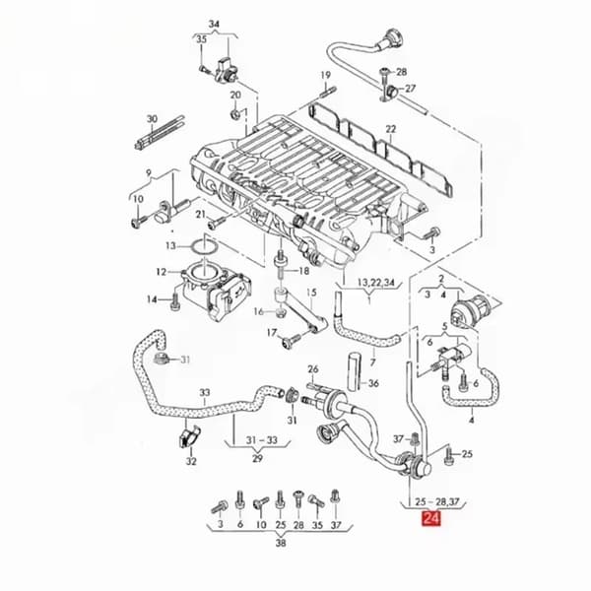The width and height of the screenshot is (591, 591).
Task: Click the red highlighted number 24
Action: pos(431,518)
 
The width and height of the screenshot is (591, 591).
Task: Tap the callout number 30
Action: pos(152,119)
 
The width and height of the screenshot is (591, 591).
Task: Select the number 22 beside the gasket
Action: pos(391,129)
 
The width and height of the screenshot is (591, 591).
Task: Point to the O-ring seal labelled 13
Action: pos(204,247)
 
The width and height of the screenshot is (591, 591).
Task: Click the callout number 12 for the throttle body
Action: pos(162,272)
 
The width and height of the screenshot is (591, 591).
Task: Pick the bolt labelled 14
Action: pos(175,301)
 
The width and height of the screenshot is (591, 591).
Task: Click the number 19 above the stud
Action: pos(326,75)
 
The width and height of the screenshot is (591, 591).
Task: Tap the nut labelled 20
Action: pos(235,113)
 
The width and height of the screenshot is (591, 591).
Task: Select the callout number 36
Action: pos(373,384)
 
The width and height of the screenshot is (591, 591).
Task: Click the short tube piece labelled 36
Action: pos(354,371)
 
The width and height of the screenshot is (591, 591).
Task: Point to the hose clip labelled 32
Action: pos(188,436)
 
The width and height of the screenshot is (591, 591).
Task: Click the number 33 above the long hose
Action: pos(205,393)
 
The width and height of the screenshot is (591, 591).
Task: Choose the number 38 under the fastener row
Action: pos(281,543)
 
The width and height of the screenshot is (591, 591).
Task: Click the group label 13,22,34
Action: pos(375,283)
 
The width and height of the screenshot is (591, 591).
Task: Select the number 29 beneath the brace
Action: pos(257,459)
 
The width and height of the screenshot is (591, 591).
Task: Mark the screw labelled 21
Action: pos(217,223)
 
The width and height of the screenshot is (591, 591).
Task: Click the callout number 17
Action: pos(272,333)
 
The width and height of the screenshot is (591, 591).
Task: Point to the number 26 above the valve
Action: pos(313,369)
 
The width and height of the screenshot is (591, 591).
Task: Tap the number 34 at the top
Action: pos(214,24)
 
